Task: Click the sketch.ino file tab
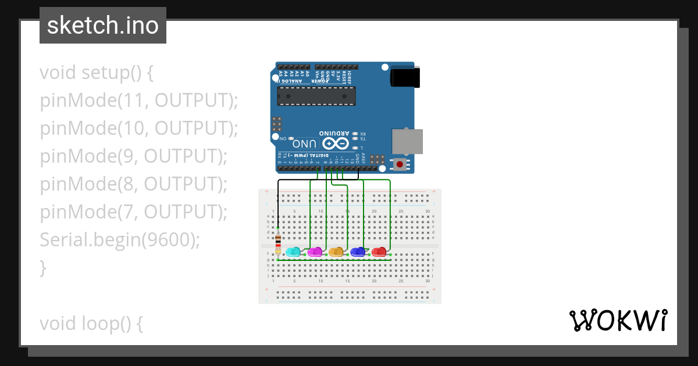tap(103, 26)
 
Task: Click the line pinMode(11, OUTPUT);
tap(139, 101)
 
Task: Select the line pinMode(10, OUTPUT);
tap(139, 128)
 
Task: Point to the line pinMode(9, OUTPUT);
tap(133, 156)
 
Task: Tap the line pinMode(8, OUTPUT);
tap(133, 184)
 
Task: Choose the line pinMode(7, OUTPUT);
tap(133, 212)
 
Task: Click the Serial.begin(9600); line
tap(120, 239)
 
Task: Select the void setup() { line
tap(97, 73)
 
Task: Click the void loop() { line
tap(91, 323)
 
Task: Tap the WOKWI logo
tap(618, 320)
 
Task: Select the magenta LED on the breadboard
tap(315, 252)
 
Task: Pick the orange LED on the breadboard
tap(336, 252)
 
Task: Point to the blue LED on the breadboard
tap(358, 252)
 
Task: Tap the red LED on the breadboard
tap(379, 252)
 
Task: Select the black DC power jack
tap(405, 77)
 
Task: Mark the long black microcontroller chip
tap(315, 96)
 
